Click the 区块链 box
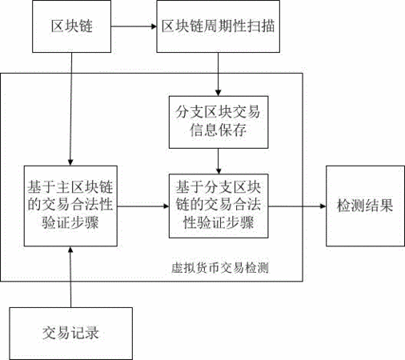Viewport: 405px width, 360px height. pyautogui.click(x=71, y=26)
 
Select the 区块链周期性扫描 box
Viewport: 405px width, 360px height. pyautogui.click(x=218, y=26)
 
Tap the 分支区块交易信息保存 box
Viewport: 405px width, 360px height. pyautogui.click(x=219, y=122)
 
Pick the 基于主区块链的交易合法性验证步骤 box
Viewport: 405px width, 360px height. pyautogui.click(x=70, y=206)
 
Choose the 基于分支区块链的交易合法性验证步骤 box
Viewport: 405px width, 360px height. pyautogui.click(x=219, y=206)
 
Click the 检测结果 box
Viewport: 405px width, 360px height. pyautogui.click(x=365, y=206)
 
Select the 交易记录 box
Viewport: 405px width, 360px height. pyautogui.click(x=71, y=334)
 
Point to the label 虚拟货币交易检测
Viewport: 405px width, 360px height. pyautogui.click(x=220, y=268)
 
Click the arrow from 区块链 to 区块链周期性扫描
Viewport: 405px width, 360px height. pyautogui.click(x=134, y=26)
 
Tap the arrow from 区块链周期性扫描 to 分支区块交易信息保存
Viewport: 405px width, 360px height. pyautogui.click(x=218, y=74)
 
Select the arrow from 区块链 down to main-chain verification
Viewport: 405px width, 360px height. pyautogui.click(x=71, y=109)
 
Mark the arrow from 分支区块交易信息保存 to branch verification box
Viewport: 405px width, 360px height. pyautogui.click(x=219, y=162)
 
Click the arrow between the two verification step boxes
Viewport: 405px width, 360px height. pyautogui.click(x=143, y=206)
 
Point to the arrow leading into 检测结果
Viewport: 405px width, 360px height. pyautogui.click(x=297, y=206)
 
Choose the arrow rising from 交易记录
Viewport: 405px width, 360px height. pyautogui.click(x=70, y=277)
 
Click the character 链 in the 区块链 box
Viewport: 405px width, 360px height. pyautogui.click(x=86, y=26)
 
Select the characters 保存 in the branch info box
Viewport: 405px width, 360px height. pyautogui.click(x=232, y=130)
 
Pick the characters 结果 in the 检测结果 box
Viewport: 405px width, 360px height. pyautogui.click(x=379, y=206)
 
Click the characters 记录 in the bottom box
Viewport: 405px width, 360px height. pyautogui.click(x=85, y=333)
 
